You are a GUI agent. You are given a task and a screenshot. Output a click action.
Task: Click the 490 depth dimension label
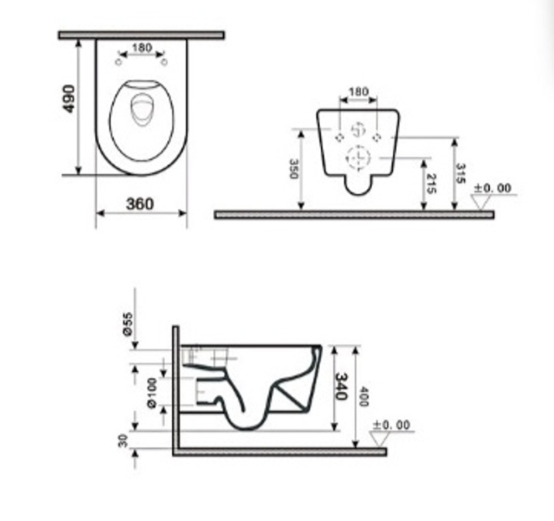(x=69, y=99)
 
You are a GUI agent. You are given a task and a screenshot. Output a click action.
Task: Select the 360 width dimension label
(x=140, y=204)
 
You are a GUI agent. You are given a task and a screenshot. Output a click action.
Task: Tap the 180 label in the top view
(x=142, y=48)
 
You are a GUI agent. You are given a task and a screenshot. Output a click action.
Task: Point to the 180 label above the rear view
(x=358, y=92)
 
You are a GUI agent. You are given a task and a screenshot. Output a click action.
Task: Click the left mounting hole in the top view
(x=118, y=62)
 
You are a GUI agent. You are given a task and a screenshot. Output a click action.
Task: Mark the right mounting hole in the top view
(x=164, y=62)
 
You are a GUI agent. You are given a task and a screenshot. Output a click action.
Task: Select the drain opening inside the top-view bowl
(x=142, y=109)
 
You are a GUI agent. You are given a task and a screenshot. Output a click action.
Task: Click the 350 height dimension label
(x=294, y=169)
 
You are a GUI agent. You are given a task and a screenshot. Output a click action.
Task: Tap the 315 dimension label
(x=460, y=173)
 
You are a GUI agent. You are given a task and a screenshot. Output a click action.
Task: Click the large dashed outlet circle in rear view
(x=358, y=157)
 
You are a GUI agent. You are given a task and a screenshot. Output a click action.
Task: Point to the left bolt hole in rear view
(x=340, y=137)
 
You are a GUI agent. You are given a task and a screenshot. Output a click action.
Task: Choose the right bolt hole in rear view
(x=377, y=137)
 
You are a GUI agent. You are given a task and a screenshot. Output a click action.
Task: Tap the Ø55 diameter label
(x=127, y=323)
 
